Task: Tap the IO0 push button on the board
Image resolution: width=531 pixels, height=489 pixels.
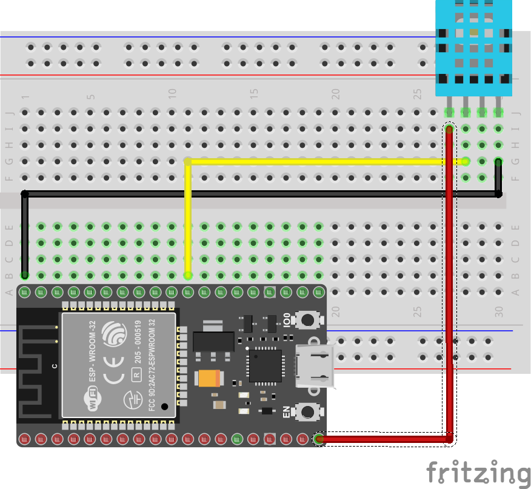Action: click(x=308, y=319)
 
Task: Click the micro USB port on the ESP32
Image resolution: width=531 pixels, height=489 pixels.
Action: click(x=315, y=366)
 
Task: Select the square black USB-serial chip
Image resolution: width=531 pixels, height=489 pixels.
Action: click(x=264, y=366)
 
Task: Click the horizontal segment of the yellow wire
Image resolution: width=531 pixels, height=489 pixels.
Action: click(x=321, y=162)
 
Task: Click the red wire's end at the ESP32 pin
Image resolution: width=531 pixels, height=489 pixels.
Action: click(x=320, y=439)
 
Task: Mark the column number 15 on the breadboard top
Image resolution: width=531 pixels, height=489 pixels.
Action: click(x=254, y=94)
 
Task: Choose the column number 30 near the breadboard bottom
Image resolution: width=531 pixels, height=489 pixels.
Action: click(x=499, y=311)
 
